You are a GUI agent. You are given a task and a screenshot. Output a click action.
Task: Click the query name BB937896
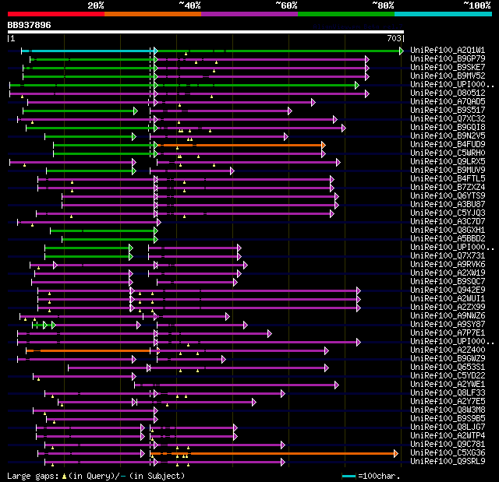click(29, 25)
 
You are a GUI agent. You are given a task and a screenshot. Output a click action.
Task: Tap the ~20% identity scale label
click(95, 5)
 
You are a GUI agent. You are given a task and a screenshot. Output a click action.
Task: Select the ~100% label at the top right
click(477, 5)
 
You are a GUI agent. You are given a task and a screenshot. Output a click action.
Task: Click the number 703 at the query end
click(395, 37)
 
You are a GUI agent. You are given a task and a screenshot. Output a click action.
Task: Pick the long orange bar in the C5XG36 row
click(273, 452)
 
